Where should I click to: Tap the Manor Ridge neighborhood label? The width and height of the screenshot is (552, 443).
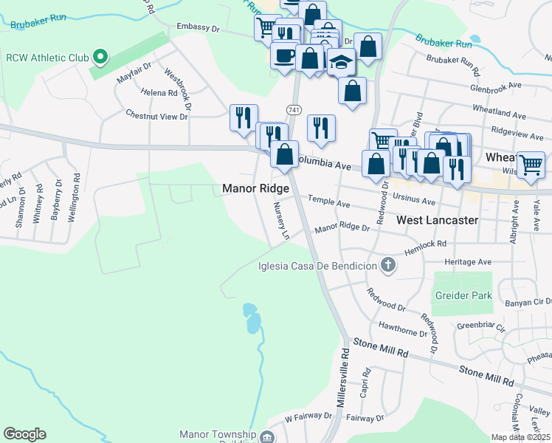[x=255, y=189]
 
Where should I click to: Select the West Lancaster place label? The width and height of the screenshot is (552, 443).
[x=438, y=220]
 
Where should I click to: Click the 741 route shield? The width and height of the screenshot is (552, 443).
[x=294, y=109]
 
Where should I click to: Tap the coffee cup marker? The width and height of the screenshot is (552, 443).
[x=285, y=56]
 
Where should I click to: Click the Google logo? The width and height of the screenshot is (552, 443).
[x=24, y=434]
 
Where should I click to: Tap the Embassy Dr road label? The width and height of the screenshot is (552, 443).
[x=199, y=28]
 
